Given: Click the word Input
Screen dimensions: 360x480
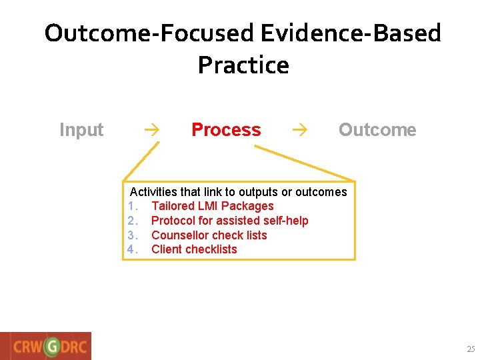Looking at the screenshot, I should (81, 130).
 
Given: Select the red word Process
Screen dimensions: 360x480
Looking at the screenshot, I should (226, 130).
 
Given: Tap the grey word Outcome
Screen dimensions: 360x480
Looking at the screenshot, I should (377, 130).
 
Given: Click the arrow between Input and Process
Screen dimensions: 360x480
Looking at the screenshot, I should (151, 130).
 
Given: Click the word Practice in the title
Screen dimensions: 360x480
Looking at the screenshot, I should (243, 65).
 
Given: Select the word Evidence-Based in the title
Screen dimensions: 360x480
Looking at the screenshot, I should (350, 33).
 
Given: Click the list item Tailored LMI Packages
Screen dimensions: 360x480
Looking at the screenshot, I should (212, 206).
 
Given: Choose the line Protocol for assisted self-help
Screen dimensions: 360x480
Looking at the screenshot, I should (229, 221).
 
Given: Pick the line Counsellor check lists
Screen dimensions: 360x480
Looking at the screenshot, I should (209, 235).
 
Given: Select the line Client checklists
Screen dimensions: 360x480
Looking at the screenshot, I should (194, 249).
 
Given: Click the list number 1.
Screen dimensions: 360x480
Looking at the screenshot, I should (132, 206).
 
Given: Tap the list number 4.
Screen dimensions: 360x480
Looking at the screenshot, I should (132, 249).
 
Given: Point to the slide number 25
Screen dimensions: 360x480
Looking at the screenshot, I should (471, 349).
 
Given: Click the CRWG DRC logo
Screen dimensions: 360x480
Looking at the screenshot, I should (46, 346).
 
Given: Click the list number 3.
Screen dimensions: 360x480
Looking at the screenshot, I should (132, 235).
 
